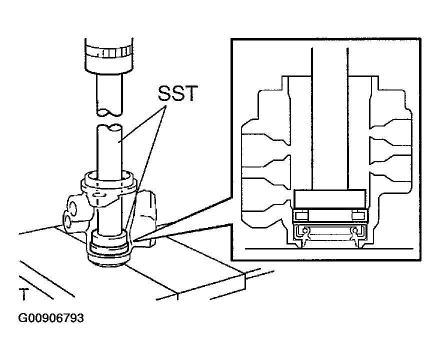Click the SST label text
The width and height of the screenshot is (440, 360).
(x=178, y=93)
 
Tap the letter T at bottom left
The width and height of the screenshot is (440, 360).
(x=24, y=294)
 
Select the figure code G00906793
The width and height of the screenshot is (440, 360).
(x=51, y=318)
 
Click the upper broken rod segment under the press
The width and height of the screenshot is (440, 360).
(x=109, y=94)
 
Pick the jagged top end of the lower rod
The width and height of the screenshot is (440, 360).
(x=109, y=128)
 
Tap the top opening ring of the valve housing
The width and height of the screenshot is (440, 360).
(x=109, y=179)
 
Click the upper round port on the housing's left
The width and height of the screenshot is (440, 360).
(x=72, y=208)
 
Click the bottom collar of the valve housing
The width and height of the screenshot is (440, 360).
(x=109, y=256)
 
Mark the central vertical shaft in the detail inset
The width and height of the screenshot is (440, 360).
(x=329, y=118)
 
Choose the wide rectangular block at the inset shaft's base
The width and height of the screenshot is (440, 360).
(x=329, y=199)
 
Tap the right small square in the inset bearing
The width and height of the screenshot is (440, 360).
(x=357, y=215)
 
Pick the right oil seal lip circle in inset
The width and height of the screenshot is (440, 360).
(x=355, y=230)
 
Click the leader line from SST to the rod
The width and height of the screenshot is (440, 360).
(x=143, y=123)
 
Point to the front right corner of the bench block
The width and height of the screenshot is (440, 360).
(x=245, y=276)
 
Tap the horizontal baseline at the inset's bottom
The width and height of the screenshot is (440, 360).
(x=329, y=248)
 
